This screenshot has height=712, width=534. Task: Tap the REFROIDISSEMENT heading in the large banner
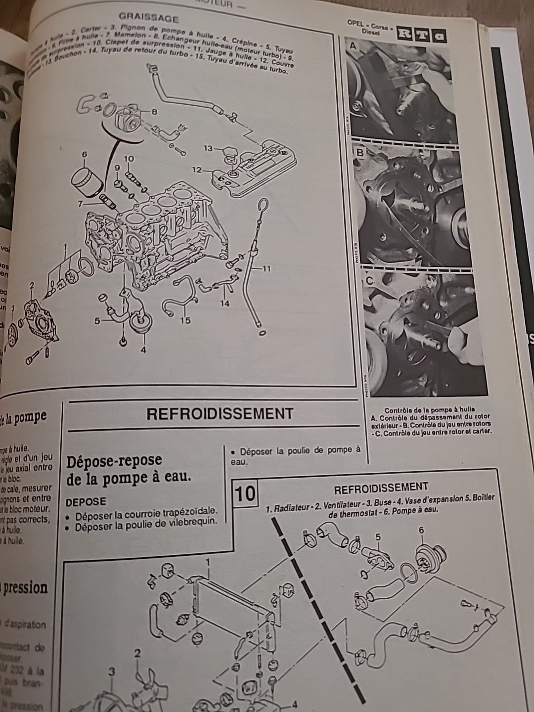point(220,413)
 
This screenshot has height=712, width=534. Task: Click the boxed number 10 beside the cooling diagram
point(245,493)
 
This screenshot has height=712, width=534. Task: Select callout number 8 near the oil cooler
point(155,112)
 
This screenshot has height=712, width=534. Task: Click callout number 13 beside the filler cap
point(208,148)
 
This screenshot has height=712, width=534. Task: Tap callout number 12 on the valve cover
point(197,170)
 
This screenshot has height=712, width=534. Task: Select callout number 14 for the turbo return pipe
point(225,303)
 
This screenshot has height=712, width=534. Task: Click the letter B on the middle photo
point(360,153)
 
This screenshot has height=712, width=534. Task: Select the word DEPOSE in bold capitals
point(86,501)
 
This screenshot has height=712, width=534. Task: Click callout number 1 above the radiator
point(208,562)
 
